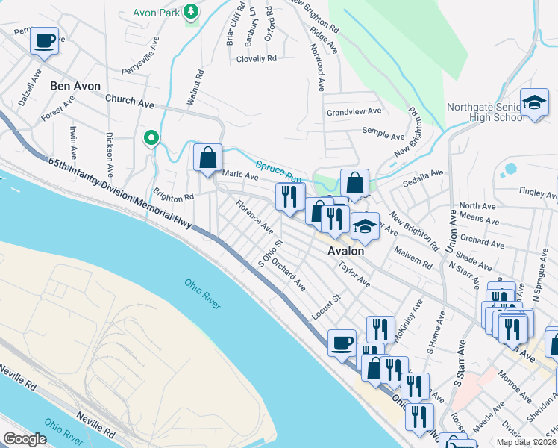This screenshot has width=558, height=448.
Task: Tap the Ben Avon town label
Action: tap(75, 86)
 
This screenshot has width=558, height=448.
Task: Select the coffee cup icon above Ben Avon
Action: tap(45, 40)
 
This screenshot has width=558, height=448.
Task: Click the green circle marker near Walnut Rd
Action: tap(151, 137)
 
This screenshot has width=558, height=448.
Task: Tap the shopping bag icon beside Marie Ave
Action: tap(207, 158)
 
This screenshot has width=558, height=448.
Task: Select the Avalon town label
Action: tap(346, 252)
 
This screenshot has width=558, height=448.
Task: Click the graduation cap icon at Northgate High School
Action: tap(534, 105)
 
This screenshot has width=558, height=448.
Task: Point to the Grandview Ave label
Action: tap(354, 111)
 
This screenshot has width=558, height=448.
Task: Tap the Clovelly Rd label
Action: tap(257, 58)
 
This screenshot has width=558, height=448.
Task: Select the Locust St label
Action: tap(326, 307)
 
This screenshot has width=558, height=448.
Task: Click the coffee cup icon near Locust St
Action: tap(342, 343)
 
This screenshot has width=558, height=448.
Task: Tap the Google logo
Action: tap(25, 438)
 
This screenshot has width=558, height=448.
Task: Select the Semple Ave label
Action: tap(383, 134)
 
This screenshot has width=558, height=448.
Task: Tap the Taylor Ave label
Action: tap(354, 274)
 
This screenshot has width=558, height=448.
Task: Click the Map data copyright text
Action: tap(526, 442)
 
